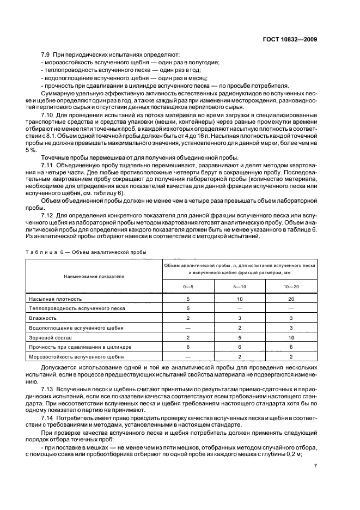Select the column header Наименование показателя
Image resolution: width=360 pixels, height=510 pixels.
94,276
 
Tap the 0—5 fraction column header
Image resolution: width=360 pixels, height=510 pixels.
188,287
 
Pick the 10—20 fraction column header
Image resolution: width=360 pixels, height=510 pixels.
291,287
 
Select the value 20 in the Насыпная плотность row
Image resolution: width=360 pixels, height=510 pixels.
291,299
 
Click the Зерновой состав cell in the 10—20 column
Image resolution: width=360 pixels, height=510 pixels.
291,337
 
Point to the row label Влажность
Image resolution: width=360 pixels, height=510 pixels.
43,318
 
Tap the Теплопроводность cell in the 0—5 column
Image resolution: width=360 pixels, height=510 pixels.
188,308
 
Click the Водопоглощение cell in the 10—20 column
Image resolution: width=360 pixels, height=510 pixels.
291,327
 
